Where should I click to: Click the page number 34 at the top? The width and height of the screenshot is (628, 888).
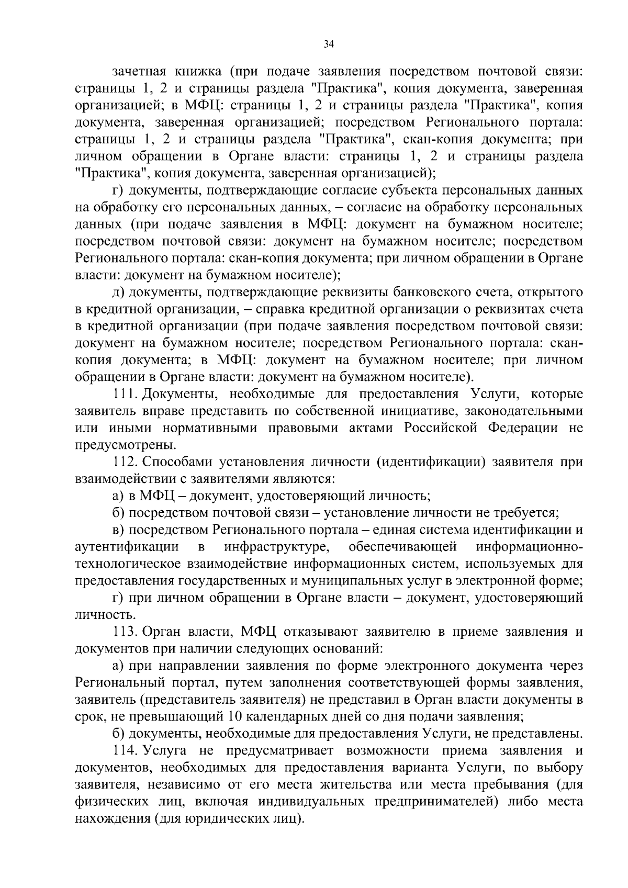(328, 44)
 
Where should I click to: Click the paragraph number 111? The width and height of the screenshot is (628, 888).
(125, 394)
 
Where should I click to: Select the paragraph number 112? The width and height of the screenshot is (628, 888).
(125, 462)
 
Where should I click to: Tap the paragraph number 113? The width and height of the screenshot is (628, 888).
(125, 632)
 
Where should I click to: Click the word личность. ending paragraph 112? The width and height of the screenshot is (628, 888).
(98, 615)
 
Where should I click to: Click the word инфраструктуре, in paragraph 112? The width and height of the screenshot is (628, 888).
(276, 547)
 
